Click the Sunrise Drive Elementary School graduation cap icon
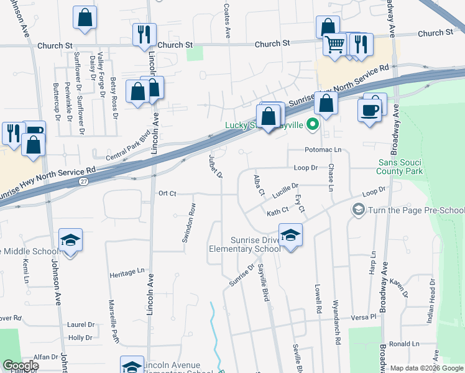pos(290,236)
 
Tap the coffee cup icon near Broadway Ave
pos(369,110)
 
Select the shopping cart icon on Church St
pos(334,45)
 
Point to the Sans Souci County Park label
pos(401,166)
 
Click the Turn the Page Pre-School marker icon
pos(359,210)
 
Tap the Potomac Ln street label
pos(323,150)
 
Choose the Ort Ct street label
pos(168,193)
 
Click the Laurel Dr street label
pos(81,325)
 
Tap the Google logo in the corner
pos(21,366)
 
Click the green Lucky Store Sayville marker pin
pos(312,125)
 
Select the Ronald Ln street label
pos(405,344)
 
